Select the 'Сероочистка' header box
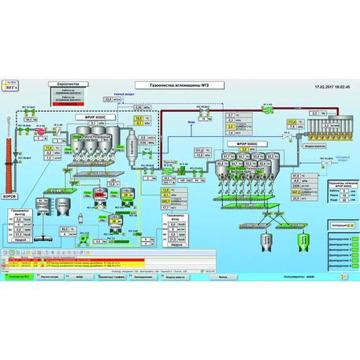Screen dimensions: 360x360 pyautogui.click(x=62, y=83)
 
